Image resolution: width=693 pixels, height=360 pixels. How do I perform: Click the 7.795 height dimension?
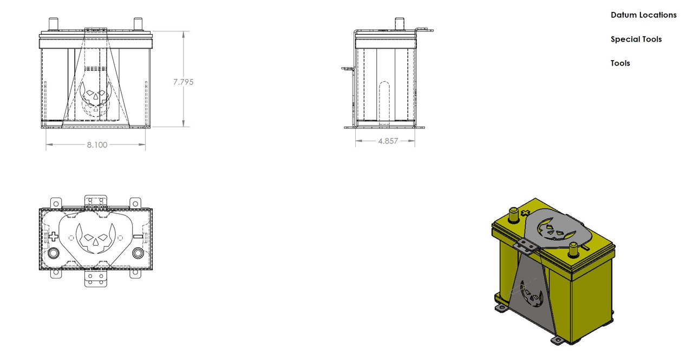(x=183, y=82)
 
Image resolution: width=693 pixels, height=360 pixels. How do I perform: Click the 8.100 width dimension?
(x=97, y=145)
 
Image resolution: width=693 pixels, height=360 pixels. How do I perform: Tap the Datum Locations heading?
(x=643, y=15)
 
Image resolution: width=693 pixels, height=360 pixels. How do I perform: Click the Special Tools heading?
(x=636, y=39)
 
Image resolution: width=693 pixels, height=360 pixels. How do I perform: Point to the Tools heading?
(x=620, y=63)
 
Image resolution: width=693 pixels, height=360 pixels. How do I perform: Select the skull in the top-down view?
(x=95, y=239)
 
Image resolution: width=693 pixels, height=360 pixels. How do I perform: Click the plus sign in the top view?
(x=53, y=237)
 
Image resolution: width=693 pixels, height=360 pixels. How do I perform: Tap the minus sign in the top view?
(x=138, y=237)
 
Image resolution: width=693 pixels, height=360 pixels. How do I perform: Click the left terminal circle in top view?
(x=54, y=253)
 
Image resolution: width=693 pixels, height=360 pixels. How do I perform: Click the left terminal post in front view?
(x=54, y=24)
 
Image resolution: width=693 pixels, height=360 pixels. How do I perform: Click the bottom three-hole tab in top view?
(x=95, y=279)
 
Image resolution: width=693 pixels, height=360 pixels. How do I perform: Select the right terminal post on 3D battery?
(x=574, y=251)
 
